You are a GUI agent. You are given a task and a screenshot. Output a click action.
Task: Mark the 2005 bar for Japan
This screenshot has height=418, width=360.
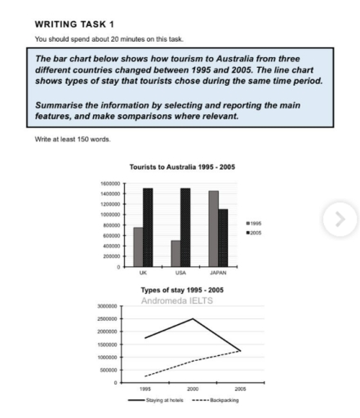click(x=224, y=238)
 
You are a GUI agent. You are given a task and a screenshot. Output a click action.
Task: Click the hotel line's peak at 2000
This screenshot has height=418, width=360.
click(x=193, y=318)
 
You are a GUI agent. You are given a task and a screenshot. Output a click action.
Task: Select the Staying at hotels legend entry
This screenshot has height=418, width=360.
click(x=151, y=400)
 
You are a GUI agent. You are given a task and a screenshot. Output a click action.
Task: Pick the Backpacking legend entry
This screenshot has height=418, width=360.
click(x=214, y=400)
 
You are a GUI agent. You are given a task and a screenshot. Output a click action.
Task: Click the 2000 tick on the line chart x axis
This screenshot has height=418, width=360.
click(x=193, y=389)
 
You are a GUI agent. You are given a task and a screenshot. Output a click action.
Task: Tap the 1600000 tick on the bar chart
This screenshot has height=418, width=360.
click(x=108, y=184)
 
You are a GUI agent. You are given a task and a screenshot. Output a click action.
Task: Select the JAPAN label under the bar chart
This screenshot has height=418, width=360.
click(x=219, y=273)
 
